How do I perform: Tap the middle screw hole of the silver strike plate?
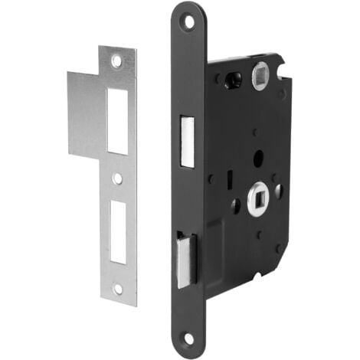(x=117, y=178)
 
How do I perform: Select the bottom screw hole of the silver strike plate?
(x=118, y=288)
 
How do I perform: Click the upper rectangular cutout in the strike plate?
(x=116, y=120)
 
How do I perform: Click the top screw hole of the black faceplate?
(x=188, y=21)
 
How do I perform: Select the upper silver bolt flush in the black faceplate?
(x=186, y=141)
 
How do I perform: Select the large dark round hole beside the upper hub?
(x=234, y=78)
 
